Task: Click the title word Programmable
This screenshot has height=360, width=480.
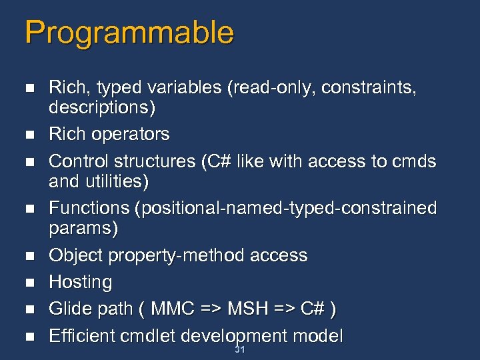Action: tap(129, 33)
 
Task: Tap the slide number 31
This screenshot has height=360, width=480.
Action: tap(240, 350)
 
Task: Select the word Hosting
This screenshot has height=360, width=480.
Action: tap(81, 282)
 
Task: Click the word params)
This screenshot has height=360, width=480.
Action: tap(83, 228)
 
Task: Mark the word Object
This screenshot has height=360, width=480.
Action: tap(76, 255)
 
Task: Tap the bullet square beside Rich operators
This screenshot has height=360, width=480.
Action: tap(28, 135)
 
